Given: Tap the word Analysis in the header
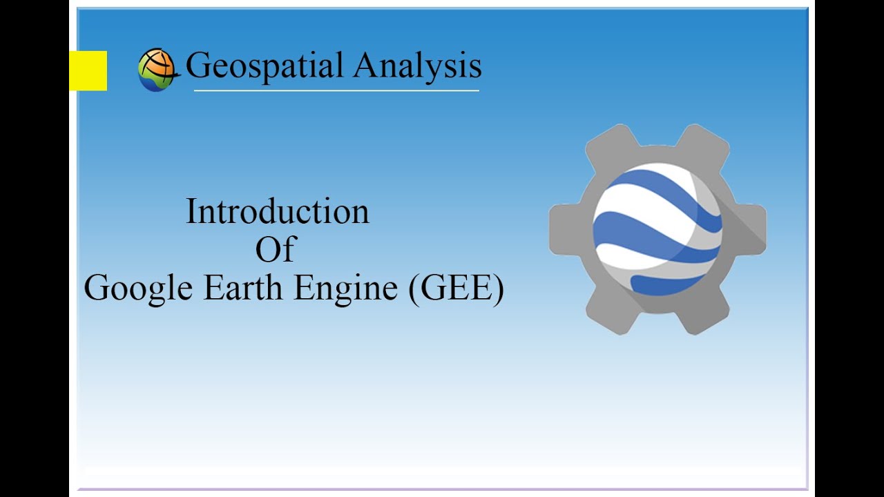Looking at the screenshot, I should [417, 66].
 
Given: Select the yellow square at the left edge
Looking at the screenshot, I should [88, 70].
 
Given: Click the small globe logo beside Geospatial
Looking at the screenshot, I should [157, 70].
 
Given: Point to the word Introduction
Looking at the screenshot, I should [278, 211].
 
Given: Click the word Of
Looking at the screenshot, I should [276, 250].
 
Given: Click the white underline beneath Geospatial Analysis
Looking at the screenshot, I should [336, 90].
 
